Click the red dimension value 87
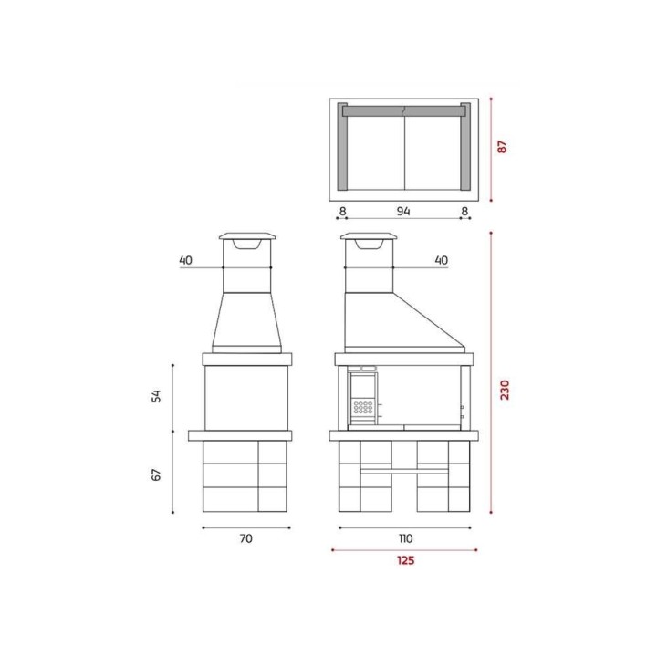pos(502,147)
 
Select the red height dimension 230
pos(505,390)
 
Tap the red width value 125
pos(405,560)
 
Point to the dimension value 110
pos(405,538)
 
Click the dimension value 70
pos(246,538)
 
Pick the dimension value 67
pos(156,474)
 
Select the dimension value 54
pos(156,396)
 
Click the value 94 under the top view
pos(403,211)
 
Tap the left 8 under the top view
pos(342,211)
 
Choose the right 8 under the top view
pos(464,211)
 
